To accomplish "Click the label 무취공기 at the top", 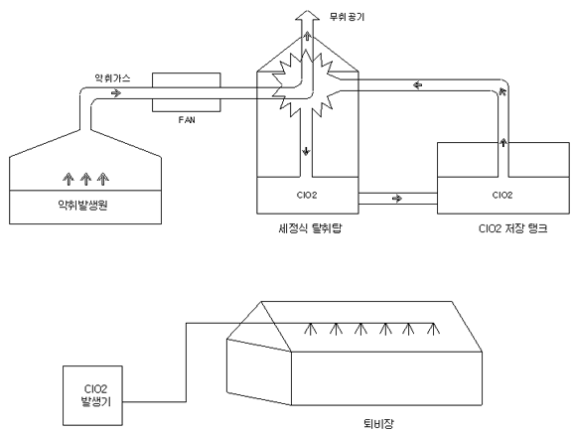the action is (x=347, y=17).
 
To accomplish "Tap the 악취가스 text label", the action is (x=112, y=78).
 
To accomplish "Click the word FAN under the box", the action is (x=187, y=120).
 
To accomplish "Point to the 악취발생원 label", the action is (x=82, y=206).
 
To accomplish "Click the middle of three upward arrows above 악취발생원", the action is (x=85, y=179).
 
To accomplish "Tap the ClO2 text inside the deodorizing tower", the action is (x=307, y=196).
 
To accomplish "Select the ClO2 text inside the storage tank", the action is (x=502, y=196).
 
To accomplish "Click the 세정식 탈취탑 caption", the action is (x=310, y=228).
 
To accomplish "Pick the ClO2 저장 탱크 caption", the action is (x=513, y=228).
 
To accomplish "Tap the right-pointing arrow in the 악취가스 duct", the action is (x=116, y=93).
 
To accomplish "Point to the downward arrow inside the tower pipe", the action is (x=306, y=151).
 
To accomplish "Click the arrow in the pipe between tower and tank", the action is (x=397, y=199).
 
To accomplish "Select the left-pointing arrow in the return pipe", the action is (x=418, y=85).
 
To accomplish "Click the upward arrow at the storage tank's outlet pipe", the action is (x=503, y=142).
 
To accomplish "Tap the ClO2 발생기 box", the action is (x=93, y=395).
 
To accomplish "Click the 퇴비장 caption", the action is (x=378, y=424).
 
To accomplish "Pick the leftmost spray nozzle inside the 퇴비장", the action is (x=310, y=328).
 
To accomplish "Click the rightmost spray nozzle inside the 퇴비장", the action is (x=433, y=328).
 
